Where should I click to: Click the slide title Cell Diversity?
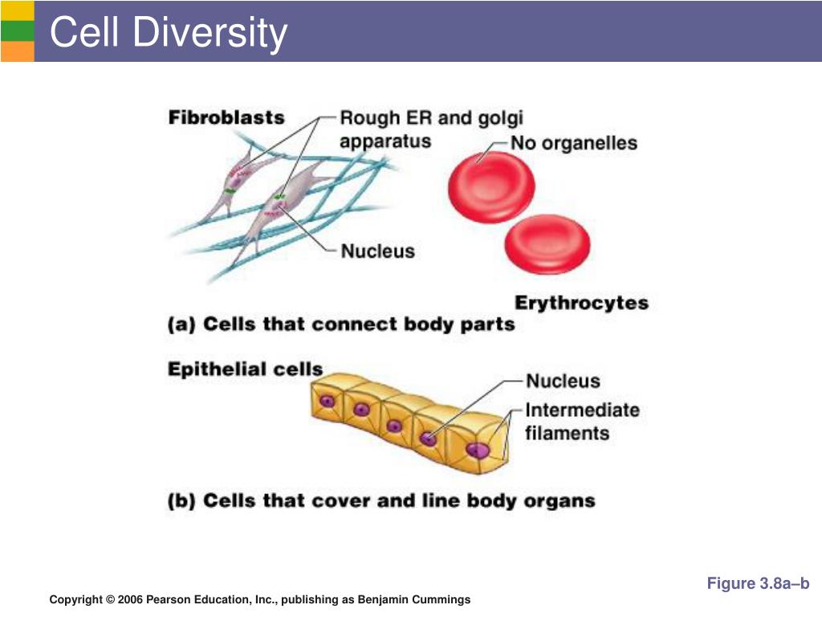(x=168, y=33)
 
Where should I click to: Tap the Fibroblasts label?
(x=226, y=117)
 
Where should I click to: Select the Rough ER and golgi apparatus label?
(x=431, y=129)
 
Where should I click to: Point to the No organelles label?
(x=575, y=144)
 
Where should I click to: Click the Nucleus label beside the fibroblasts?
(x=378, y=251)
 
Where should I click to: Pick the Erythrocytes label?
(x=581, y=303)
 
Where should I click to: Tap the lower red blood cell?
(x=547, y=243)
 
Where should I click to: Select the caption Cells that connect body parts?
(x=341, y=325)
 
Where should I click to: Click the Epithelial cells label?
(x=245, y=370)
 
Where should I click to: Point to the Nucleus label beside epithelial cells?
(x=563, y=381)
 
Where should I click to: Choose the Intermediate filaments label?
(x=582, y=421)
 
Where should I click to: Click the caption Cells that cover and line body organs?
(x=381, y=501)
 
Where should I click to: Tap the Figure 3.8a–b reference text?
(x=758, y=583)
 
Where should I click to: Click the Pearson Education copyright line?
(x=260, y=599)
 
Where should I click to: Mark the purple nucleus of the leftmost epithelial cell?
(x=327, y=401)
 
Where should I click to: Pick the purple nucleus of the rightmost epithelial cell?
(x=478, y=450)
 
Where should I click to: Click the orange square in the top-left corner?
(x=17, y=51)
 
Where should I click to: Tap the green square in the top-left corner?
(x=17, y=31)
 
